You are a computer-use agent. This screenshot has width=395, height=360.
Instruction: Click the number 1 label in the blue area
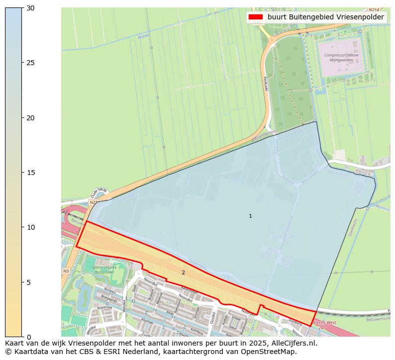(x=250, y=216)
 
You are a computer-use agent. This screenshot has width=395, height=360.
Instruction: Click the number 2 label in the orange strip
(x=183, y=272)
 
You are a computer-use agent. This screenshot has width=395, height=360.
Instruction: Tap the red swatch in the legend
(x=256, y=17)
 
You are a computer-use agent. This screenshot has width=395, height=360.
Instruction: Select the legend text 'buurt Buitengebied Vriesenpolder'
(x=325, y=17)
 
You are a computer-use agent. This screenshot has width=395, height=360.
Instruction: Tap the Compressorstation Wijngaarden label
(x=338, y=58)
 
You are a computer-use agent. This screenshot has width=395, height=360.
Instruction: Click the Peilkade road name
(x=266, y=83)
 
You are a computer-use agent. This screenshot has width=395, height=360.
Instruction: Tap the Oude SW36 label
(x=99, y=192)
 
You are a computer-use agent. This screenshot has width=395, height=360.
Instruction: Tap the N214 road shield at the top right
(x=373, y=10)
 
